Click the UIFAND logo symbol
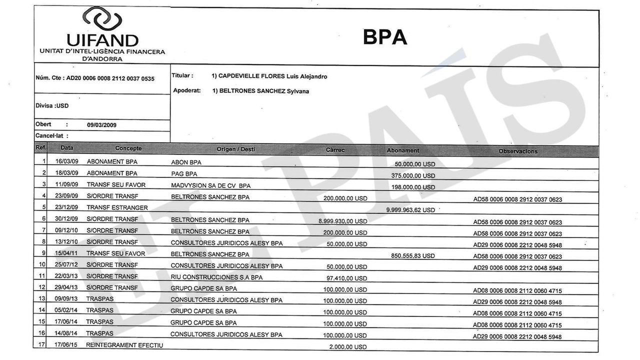point(102,19)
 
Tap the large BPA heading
point(384,37)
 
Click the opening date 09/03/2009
point(101,125)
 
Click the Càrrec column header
point(335,150)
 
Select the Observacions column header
point(517,151)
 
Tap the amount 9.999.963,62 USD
point(410,210)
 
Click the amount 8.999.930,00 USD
point(342,221)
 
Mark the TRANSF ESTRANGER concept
point(117,207)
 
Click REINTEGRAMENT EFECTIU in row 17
point(124,345)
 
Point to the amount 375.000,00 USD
point(414,175)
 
